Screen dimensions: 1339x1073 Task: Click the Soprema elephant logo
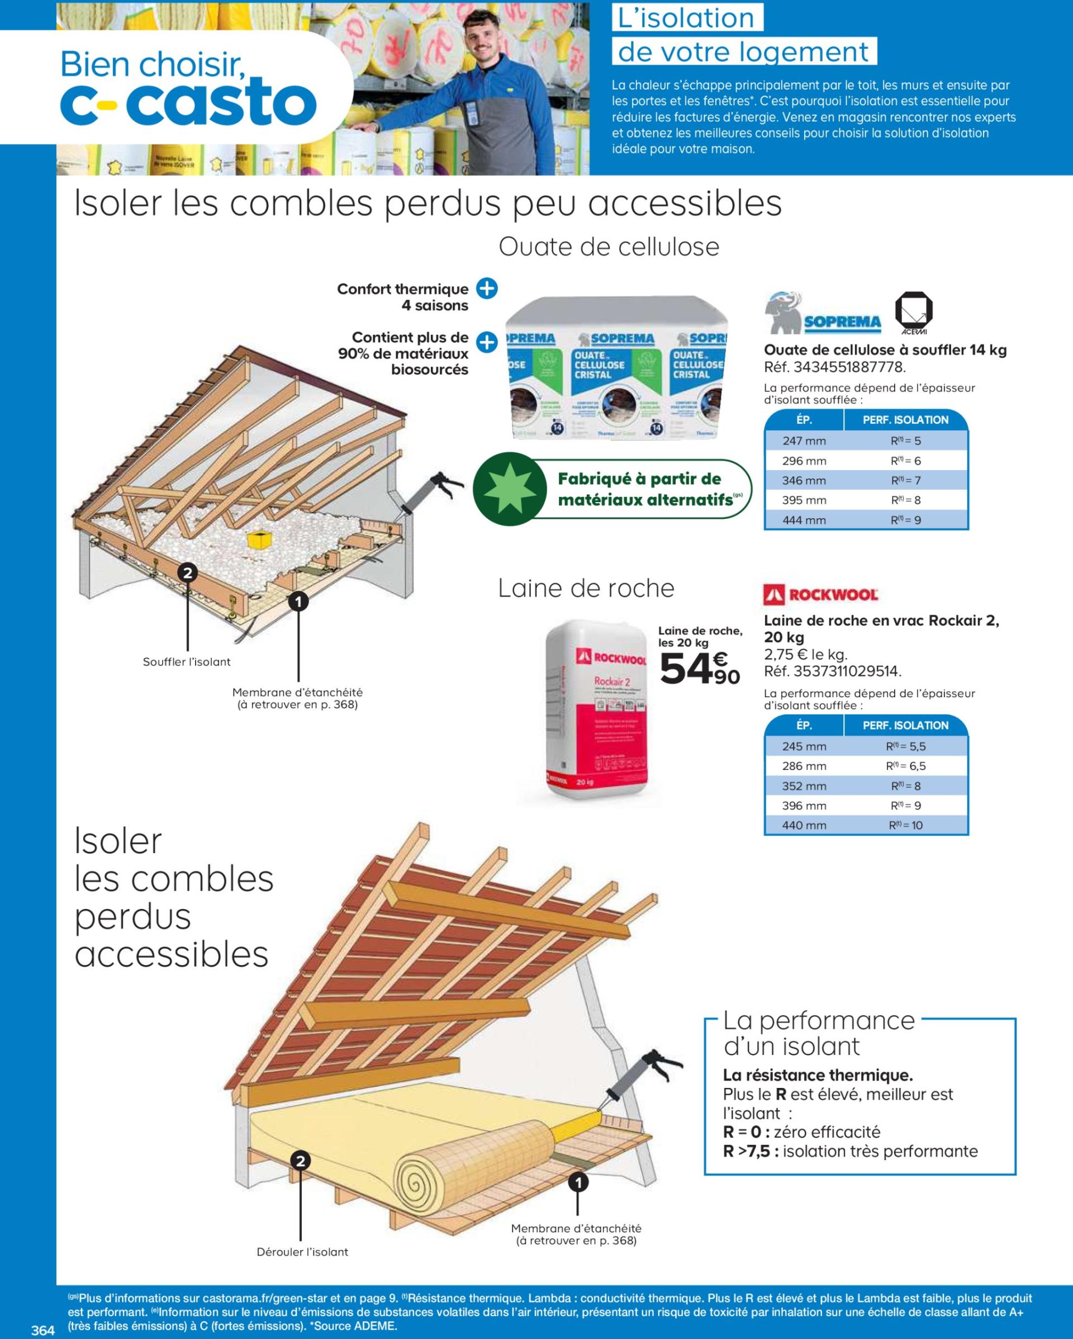[x=823, y=314]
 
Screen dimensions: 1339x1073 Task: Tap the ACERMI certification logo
[x=913, y=312]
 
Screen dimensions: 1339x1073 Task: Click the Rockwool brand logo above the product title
[x=820, y=594]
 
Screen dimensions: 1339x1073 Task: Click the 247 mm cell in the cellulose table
[x=804, y=441]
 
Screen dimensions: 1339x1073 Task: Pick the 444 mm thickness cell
[x=804, y=520]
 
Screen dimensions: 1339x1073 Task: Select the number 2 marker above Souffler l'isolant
[x=188, y=572]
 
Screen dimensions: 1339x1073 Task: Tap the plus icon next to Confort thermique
[x=487, y=289]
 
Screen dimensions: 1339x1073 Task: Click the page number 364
[x=44, y=1329]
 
